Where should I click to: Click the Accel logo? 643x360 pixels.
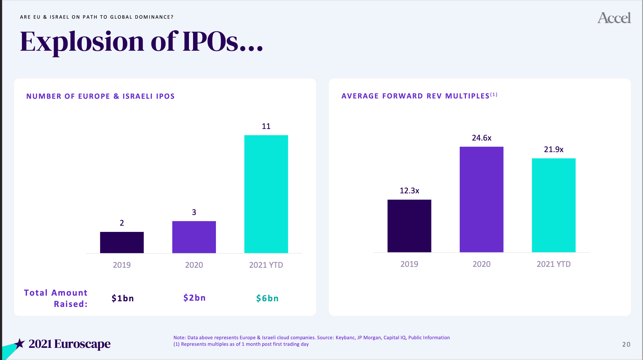[x=614, y=18]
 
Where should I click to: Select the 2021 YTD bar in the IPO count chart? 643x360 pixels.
[x=266, y=194]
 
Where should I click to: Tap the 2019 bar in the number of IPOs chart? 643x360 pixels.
[x=122, y=242]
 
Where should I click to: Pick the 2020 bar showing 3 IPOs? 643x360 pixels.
[x=194, y=237]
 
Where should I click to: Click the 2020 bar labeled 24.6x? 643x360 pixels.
[x=481, y=199]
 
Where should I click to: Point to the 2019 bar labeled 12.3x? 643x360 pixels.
[x=409, y=226]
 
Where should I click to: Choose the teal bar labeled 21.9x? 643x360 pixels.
[x=554, y=205]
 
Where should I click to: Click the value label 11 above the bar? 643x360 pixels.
[x=266, y=126]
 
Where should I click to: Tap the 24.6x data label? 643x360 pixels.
[x=482, y=138]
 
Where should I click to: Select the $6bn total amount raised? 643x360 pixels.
[x=268, y=298]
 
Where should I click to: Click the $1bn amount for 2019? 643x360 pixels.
[x=123, y=298]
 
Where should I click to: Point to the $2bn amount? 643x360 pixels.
[x=195, y=297]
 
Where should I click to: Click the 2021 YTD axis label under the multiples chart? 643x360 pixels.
[x=554, y=264]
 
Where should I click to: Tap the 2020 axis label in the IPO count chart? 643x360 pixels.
[x=194, y=265]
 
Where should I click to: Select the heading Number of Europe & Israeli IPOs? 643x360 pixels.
[x=101, y=96]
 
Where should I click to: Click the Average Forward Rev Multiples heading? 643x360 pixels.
[x=419, y=96]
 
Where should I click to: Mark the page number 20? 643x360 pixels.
[x=626, y=344]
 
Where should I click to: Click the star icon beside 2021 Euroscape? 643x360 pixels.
[x=20, y=344]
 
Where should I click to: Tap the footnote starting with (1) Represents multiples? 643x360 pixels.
[x=241, y=344]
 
